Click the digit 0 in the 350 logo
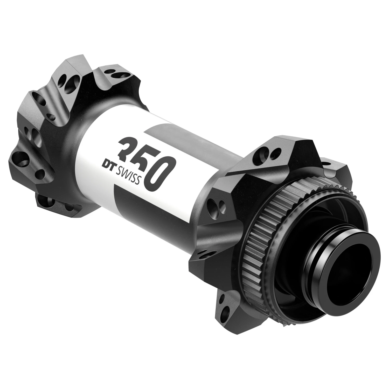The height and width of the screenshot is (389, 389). (x=158, y=173)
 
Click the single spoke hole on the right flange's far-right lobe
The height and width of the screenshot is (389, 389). (x=326, y=164)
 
